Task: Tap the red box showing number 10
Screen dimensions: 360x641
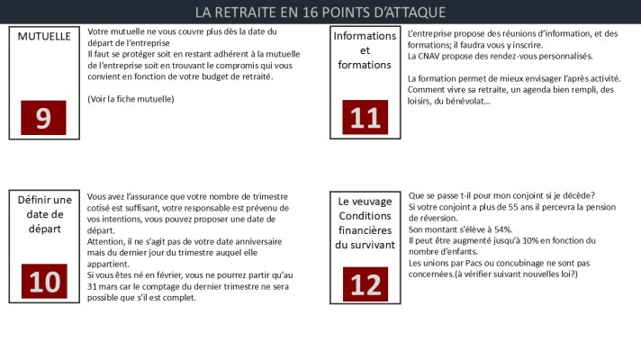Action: point(43,282)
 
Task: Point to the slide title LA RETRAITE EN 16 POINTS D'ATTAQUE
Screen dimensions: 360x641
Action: point(320,13)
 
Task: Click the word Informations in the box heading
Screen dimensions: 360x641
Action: point(365,36)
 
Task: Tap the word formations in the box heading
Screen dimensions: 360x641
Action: point(365,65)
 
